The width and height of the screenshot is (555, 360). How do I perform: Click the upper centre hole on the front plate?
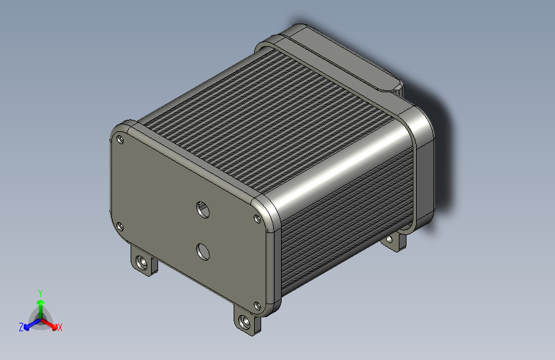203,209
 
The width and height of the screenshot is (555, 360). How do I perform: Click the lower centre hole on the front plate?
203,252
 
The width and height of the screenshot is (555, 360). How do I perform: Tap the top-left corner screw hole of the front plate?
120,139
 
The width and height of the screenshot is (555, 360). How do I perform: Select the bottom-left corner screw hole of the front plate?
120,226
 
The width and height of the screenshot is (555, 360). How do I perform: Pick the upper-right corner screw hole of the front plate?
257,218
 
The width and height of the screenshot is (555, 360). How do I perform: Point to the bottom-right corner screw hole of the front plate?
257,306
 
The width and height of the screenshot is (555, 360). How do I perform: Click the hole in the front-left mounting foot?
142,262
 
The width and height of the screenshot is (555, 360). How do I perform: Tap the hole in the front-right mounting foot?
245,322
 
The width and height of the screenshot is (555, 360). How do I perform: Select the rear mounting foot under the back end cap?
394,241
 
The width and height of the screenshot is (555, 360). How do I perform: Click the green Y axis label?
40,293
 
